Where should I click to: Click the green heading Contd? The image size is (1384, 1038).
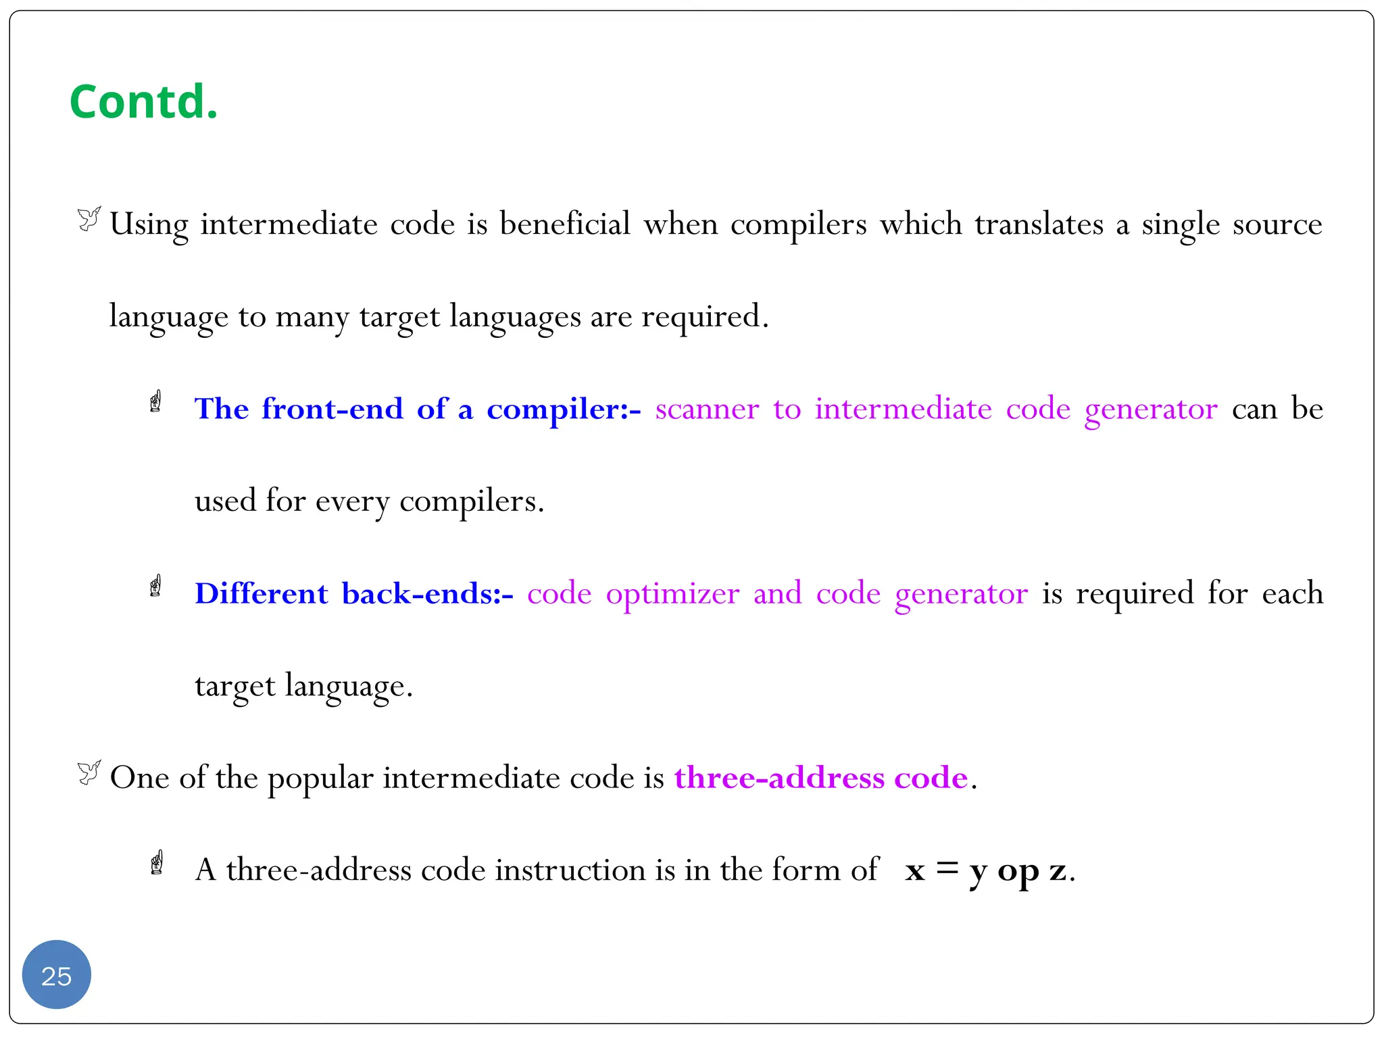[x=143, y=102]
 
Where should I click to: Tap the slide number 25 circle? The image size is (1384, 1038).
[x=56, y=975]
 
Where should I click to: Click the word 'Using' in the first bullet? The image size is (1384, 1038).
[x=149, y=225]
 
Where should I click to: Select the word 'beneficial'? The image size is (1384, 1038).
[x=565, y=224]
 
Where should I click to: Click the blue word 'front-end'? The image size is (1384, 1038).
[x=332, y=409]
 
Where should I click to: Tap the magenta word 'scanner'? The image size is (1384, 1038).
[x=707, y=409]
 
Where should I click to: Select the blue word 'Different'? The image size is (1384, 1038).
[x=261, y=593]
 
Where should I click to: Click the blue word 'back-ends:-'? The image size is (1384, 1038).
[x=427, y=593]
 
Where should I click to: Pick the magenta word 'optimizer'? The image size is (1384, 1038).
[x=672, y=595]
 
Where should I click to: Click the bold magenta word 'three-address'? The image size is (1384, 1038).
[x=779, y=778]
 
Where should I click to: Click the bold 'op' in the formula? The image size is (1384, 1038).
[x=1018, y=872]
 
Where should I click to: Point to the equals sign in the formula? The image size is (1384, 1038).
[x=947, y=868]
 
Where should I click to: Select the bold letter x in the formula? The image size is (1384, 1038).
[x=915, y=870]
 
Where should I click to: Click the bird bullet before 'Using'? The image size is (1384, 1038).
[x=89, y=219]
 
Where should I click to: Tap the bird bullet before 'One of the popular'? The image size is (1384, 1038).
[x=89, y=772]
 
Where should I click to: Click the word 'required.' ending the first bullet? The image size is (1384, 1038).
[x=705, y=316]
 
